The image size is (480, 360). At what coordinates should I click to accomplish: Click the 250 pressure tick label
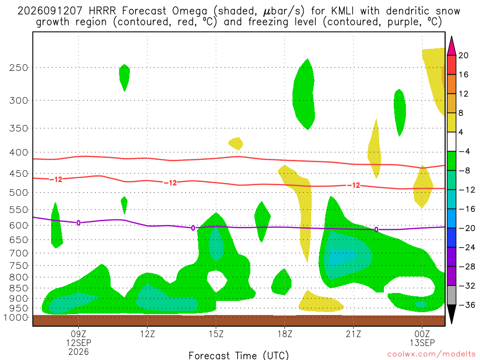click(x=19, y=67)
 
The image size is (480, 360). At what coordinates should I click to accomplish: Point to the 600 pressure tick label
click(x=19, y=225)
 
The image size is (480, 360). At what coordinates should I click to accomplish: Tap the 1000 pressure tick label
click(x=16, y=317)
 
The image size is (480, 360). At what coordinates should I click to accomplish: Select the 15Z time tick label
click(x=216, y=334)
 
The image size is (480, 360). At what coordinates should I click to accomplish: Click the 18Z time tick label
click(x=285, y=334)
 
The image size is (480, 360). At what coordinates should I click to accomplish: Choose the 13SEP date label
click(x=422, y=343)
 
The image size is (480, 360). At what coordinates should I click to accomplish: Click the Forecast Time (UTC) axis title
click(x=239, y=355)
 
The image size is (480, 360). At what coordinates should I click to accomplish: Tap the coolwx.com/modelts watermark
click(x=431, y=354)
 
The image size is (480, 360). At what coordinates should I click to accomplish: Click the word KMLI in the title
click(x=342, y=11)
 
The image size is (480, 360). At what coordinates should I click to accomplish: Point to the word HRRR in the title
click(x=103, y=11)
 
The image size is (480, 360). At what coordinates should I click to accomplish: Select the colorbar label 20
click(x=463, y=55)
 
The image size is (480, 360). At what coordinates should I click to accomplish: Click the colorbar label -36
click(x=466, y=305)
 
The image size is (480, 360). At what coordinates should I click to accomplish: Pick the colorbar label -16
click(x=466, y=209)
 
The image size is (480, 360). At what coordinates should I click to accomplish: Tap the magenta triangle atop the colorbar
click(x=451, y=46)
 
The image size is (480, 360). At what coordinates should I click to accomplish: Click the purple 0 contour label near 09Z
click(x=78, y=223)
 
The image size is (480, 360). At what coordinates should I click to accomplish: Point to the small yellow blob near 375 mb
click(x=236, y=143)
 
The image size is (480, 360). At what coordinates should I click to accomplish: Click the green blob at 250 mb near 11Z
click(x=124, y=77)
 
